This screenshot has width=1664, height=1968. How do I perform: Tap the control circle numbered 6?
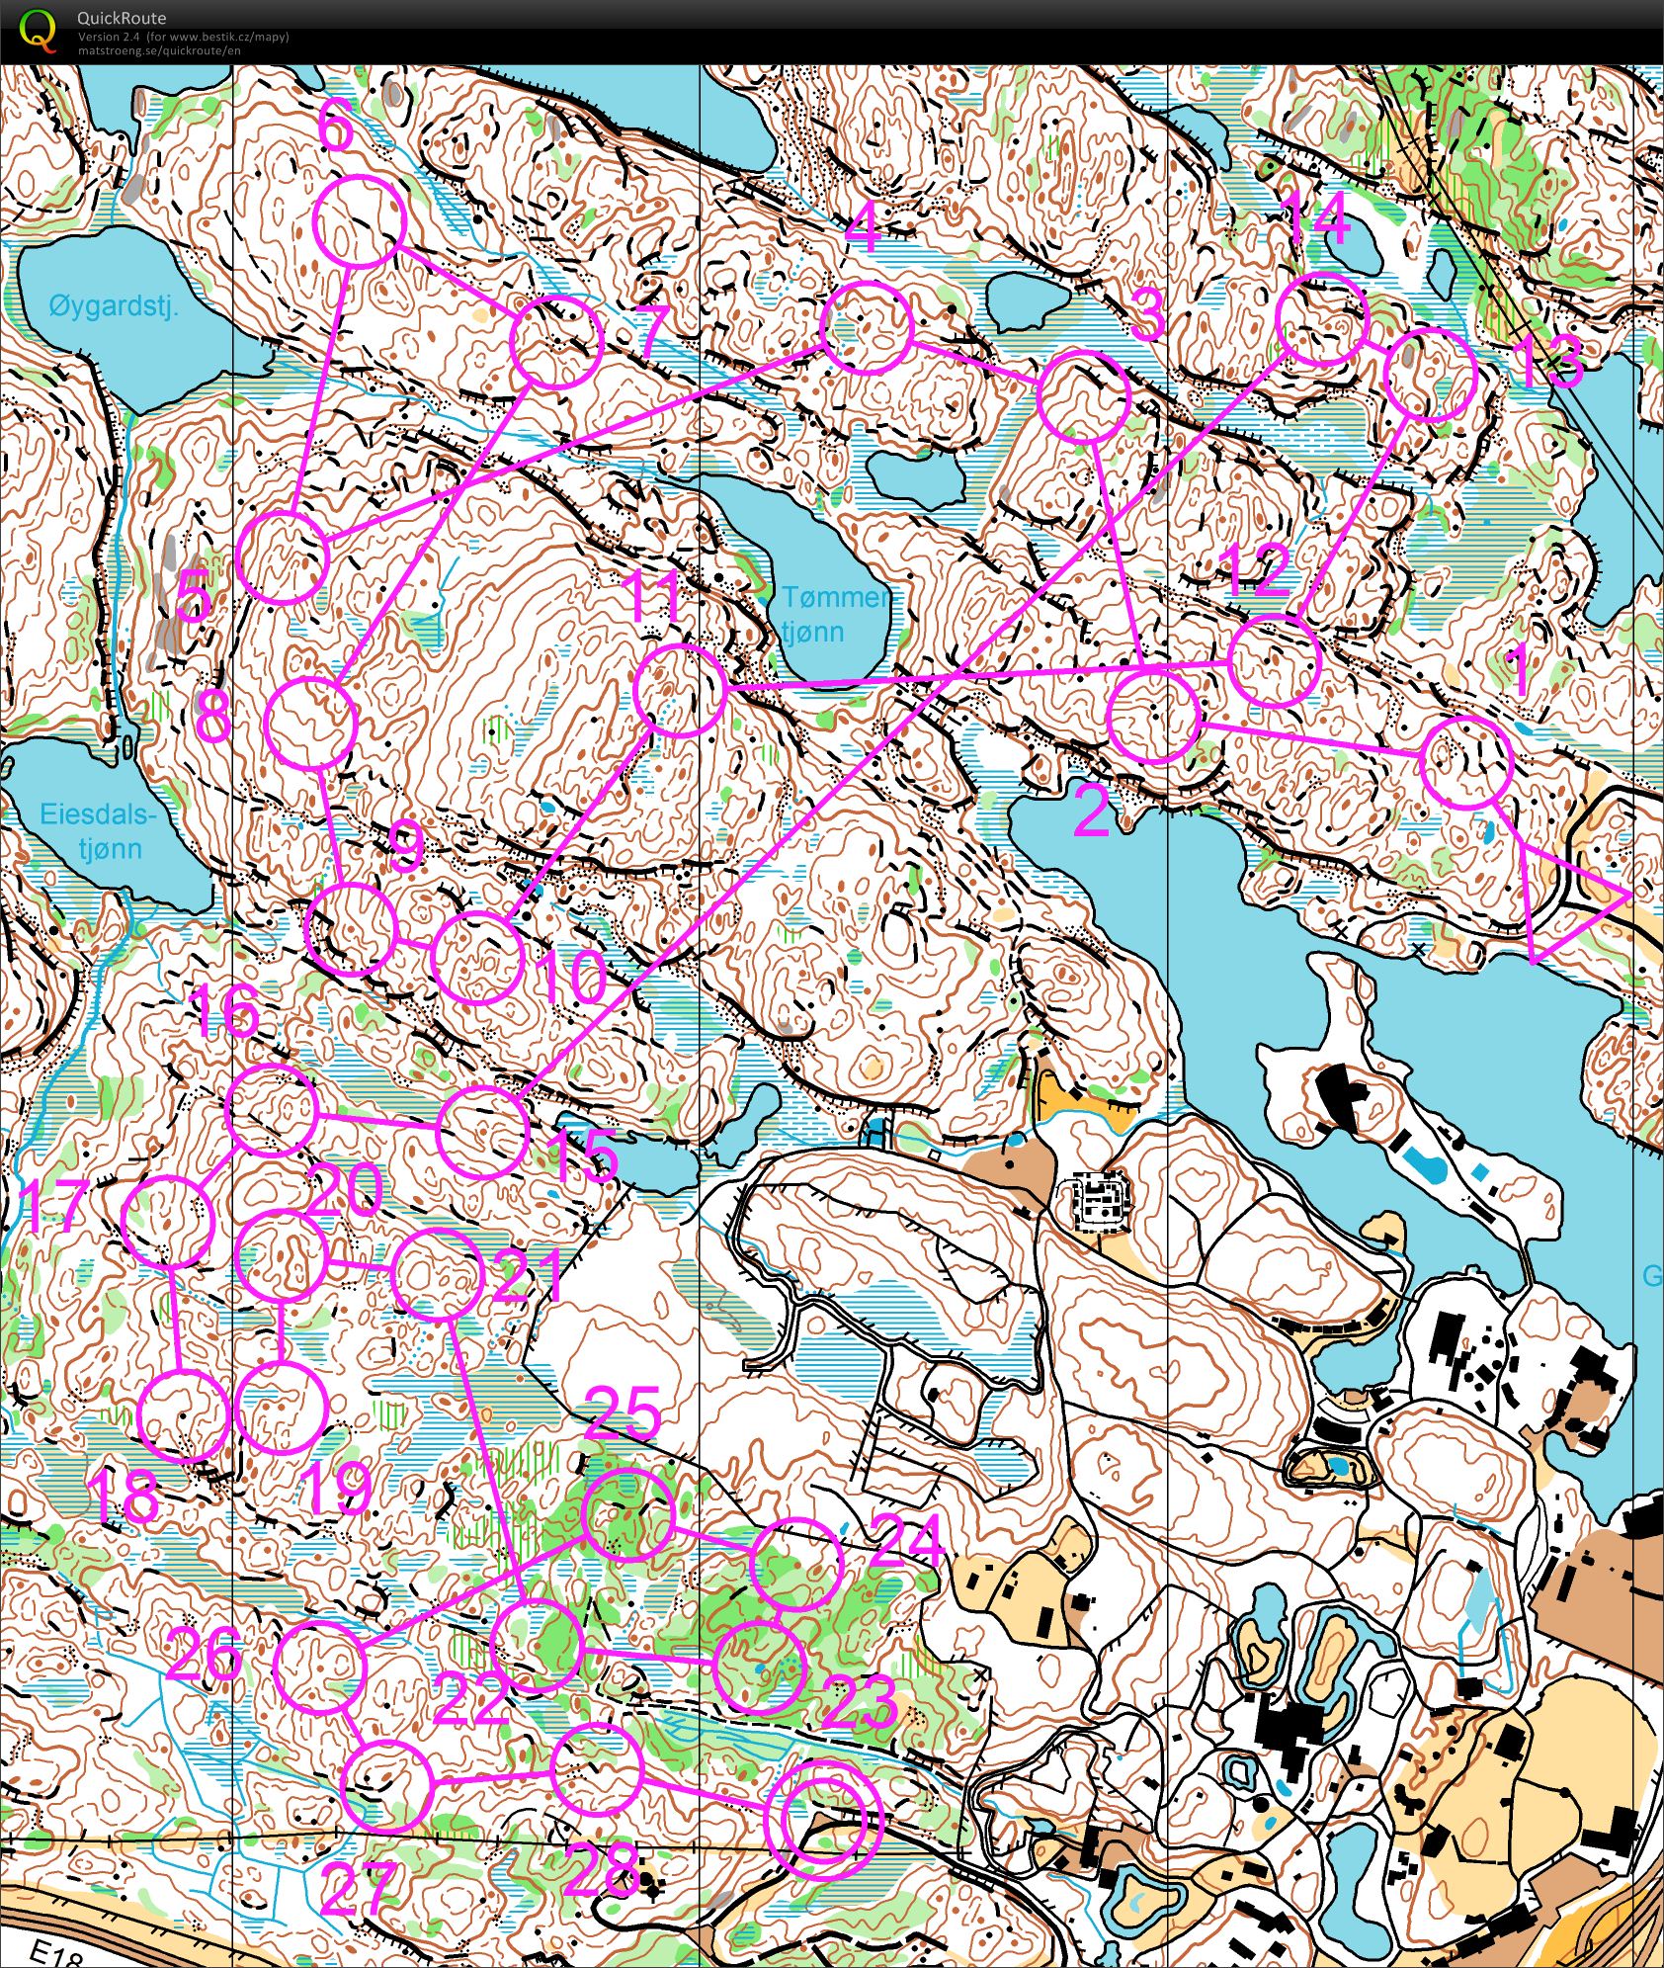click(361, 221)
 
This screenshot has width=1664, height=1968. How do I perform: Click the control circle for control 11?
click(680, 690)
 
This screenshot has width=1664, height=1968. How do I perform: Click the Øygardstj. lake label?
click(114, 306)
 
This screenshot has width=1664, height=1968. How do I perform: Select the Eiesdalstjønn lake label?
click(98, 831)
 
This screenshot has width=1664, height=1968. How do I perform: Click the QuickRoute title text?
click(122, 18)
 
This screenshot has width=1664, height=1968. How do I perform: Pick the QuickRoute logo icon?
click(38, 30)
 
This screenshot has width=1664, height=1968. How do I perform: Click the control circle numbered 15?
click(482, 1131)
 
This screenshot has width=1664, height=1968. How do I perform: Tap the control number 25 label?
click(622, 1414)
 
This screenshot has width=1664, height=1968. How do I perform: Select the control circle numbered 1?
click(1466, 762)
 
